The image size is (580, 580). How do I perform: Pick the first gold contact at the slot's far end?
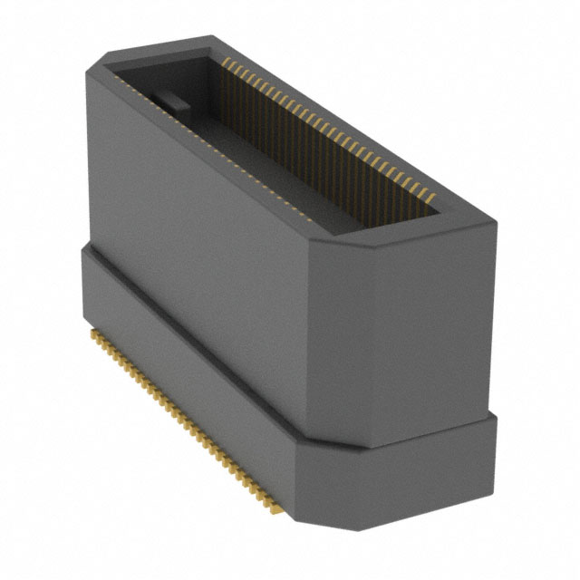click(224, 60)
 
